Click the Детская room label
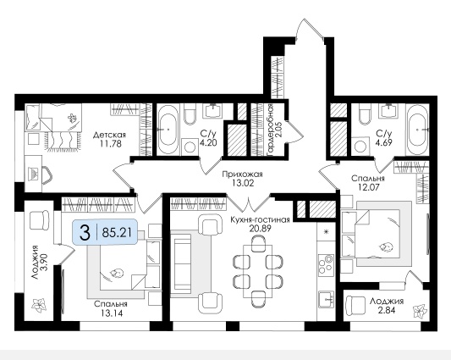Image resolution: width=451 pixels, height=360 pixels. point(110,135)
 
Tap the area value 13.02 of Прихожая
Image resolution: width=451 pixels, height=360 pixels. point(243,183)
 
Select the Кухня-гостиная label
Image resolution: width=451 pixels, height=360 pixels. point(260,220)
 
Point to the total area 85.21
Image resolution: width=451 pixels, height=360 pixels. point(117,233)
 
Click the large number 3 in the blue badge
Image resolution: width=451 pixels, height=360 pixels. point(85,233)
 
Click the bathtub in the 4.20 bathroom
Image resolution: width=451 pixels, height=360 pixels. point(168,130)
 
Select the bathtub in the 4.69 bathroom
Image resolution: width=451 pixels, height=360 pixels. point(418,130)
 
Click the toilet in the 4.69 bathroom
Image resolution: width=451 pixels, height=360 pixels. point(365,114)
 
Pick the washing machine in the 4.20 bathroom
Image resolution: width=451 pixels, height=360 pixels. point(190,147)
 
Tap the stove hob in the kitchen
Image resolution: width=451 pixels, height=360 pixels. point(326,263)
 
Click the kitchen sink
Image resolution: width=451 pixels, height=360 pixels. point(326,300)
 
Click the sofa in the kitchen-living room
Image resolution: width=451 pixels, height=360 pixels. point(181,262)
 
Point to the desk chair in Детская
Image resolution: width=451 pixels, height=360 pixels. point(47,174)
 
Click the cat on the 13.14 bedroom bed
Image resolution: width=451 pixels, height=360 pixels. point(117,273)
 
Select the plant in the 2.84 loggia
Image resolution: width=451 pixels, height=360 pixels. point(420,311)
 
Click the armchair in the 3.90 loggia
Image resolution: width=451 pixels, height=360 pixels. point(39,220)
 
